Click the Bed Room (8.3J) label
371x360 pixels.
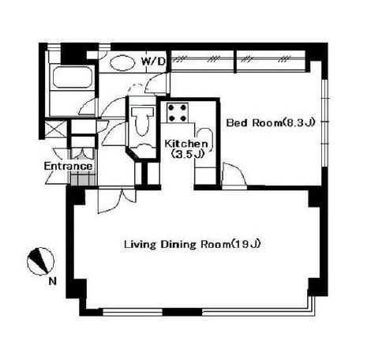[x=271, y=123]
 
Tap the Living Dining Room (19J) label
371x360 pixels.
[x=193, y=244]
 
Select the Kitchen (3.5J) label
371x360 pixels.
[x=186, y=148]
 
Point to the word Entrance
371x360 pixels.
[x=68, y=167]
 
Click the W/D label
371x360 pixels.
[x=154, y=62]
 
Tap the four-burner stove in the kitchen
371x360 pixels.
[x=178, y=113]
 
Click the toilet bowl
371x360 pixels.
[x=142, y=121]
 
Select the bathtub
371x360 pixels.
[x=72, y=77]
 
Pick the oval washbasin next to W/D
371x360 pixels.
[x=121, y=63]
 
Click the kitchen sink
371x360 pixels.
[x=204, y=141]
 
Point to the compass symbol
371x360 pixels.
[x=40, y=261]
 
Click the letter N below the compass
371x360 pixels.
[x=53, y=282]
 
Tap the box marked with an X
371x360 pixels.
[x=55, y=129]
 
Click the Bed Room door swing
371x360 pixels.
[x=234, y=174]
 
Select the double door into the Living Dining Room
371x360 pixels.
[x=117, y=200]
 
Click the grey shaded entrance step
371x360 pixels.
[x=83, y=178]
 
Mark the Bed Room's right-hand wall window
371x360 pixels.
[x=325, y=122]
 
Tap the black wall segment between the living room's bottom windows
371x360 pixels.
[x=182, y=312]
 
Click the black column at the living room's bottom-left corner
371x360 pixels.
[x=77, y=289]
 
